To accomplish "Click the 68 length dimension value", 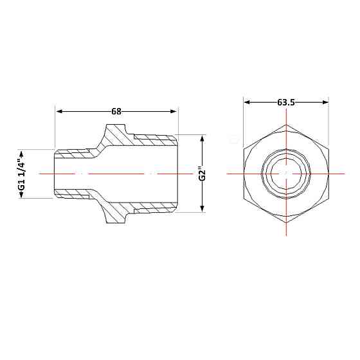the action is tap(116, 112).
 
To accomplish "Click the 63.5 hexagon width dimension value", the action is tap(286, 102).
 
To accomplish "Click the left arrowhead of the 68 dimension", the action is tap(60, 112).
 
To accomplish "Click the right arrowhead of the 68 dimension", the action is tap(173, 112).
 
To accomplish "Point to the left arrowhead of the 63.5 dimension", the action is tap(248, 102).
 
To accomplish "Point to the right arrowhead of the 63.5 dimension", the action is tap(325, 102).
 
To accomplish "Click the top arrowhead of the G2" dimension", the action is tap(202, 139).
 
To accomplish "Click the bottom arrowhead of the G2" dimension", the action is tap(202, 209).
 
